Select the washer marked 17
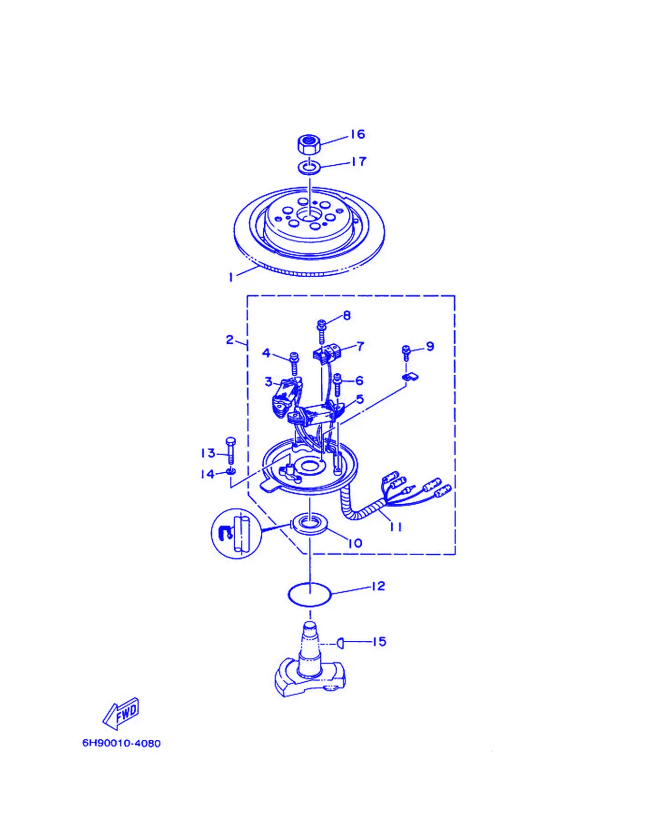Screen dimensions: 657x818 coord(309,168)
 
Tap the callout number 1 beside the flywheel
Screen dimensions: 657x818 coord(231,277)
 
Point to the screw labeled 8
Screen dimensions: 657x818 coord(321,331)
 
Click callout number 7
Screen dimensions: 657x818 coord(360,346)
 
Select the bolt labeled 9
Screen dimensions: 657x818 coord(406,353)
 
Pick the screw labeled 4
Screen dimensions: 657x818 coord(294,364)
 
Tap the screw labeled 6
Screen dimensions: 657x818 coord(338,385)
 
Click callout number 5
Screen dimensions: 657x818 coord(360,399)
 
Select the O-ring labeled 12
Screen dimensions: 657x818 coord(309,594)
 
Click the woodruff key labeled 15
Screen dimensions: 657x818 coord(340,642)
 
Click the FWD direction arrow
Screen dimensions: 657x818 coord(121,714)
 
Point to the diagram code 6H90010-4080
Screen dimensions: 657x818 coord(121,743)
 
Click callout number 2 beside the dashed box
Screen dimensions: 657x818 coord(230,340)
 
